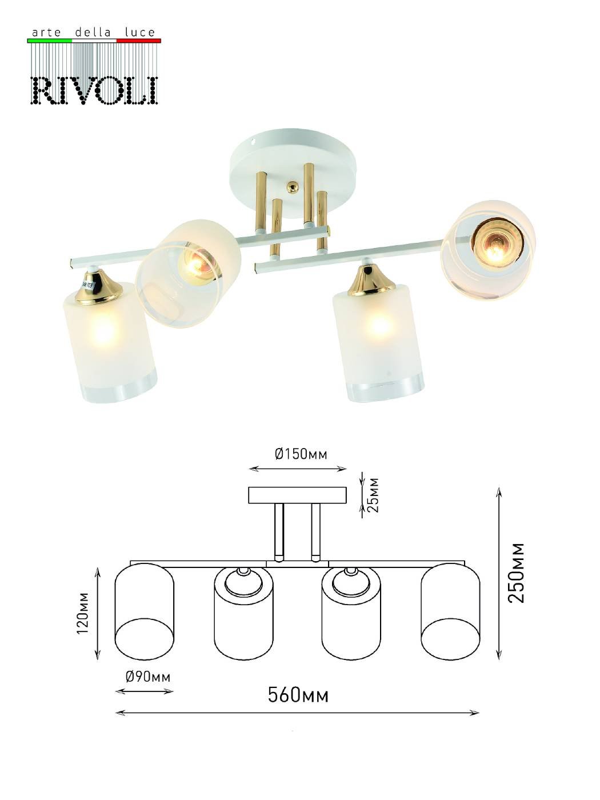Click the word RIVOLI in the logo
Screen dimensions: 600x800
pyautogui.click(x=94, y=90)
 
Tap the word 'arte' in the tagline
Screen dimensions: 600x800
pyautogui.click(x=47, y=33)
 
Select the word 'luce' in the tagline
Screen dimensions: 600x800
pyautogui.click(x=139, y=33)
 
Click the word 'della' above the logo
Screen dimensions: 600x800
pyautogui.click(x=93, y=33)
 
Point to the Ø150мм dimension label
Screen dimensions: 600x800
pyautogui.click(x=301, y=454)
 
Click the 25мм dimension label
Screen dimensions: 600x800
pyautogui.click(x=373, y=495)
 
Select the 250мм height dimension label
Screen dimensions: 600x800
pyautogui.click(x=516, y=573)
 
